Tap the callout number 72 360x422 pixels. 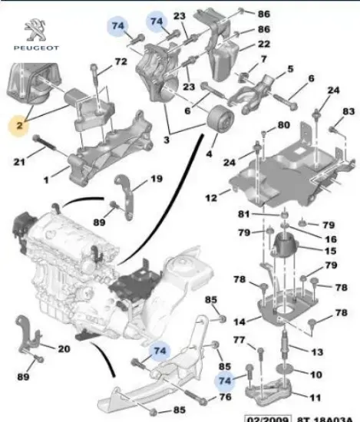(x=121, y=61)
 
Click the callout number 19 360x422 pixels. (x=155, y=180)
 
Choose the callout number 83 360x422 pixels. (x=348, y=112)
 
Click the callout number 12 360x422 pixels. (x=212, y=199)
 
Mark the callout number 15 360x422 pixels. (x=331, y=251)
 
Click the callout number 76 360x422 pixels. (x=224, y=397)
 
